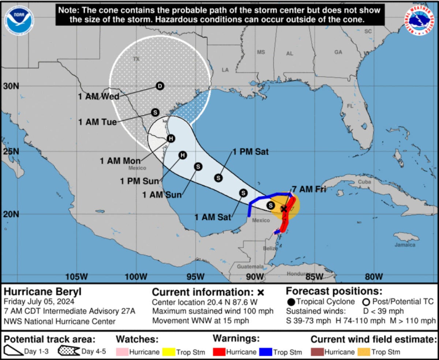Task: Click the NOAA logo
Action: (x=19, y=21)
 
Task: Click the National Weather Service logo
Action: (x=419, y=21)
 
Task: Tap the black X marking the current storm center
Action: (x=284, y=209)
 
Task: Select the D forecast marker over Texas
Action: (x=160, y=86)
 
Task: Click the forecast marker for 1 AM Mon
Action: (x=170, y=138)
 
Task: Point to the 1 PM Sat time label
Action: (x=250, y=152)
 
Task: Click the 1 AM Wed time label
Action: (x=99, y=97)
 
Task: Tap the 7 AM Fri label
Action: (x=309, y=189)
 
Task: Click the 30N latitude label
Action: (x=11, y=86)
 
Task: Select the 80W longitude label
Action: (x=374, y=277)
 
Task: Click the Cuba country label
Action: (x=364, y=182)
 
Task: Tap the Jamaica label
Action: (x=405, y=245)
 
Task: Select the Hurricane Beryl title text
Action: (x=42, y=292)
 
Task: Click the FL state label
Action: (x=350, y=106)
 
